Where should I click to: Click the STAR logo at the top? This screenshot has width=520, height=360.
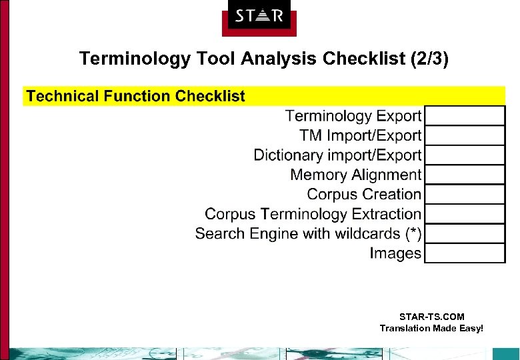[259, 16]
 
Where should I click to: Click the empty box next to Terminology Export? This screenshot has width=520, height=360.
[465, 116]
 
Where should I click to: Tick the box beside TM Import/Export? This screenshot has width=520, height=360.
[465, 135]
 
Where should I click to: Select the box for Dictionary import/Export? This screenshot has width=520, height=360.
[465, 155]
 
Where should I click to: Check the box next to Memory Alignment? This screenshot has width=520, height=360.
[465, 175]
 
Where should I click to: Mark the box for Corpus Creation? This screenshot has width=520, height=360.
[465, 195]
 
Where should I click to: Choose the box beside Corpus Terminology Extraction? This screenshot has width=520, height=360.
[465, 214]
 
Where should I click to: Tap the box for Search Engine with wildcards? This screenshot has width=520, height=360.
[465, 234]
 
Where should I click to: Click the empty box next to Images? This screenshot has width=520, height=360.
[465, 253]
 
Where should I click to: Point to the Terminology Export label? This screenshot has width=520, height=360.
[353, 116]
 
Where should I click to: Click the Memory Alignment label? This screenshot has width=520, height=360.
[356, 175]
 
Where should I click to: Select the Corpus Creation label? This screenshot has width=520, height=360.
[364, 195]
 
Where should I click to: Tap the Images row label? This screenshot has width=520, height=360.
[396, 253]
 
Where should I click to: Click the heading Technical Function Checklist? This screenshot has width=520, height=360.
[136, 96]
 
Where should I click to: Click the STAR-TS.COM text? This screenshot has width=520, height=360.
[431, 317]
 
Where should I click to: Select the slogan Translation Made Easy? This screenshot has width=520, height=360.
[431, 328]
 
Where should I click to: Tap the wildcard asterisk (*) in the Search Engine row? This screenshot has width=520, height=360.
[413, 234]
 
